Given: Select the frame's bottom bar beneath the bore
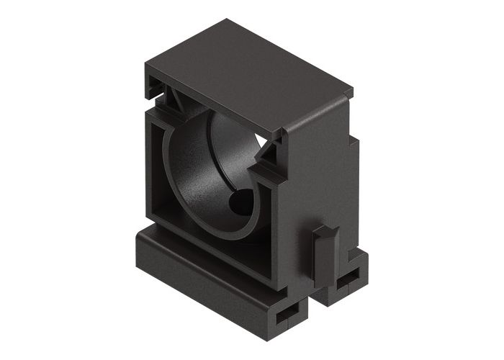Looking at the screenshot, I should pyautogui.click(x=216, y=248).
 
